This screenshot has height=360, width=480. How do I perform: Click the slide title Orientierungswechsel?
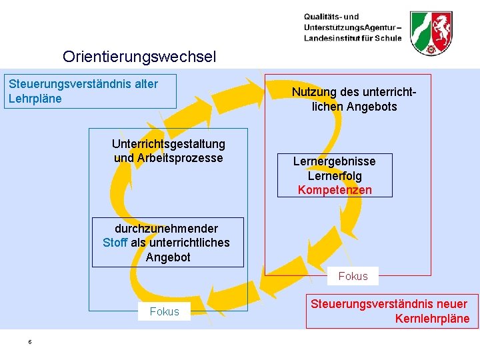pyautogui.click(x=139, y=57)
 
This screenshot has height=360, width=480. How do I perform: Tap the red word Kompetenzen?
pyautogui.click(x=335, y=190)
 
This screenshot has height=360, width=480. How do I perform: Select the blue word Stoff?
pyautogui.click(x=115, y=243)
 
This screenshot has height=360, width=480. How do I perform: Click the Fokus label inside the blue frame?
pyautogui.click(x=164, y=311)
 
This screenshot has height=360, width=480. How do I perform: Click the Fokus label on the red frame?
pyautogui.click(x=353, y=276)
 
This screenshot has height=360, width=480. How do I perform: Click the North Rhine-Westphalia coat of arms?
pyautogui.click(x=432, y=33)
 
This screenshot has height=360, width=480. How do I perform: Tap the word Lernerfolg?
pyautogui.click(x=335, y=176)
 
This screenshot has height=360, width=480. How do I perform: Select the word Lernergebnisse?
pyautogui.click(x=335, y=161)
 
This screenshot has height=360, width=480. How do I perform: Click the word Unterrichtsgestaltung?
pyautogui.click(x=169, y=143)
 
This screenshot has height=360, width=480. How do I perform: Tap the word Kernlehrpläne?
pyautogui.click(x=432, y=319)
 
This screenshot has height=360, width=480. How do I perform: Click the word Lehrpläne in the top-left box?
pyautogui.click(x=35, y=99)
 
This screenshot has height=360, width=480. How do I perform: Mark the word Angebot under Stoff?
pyautogui.click(x=168, y=257)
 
